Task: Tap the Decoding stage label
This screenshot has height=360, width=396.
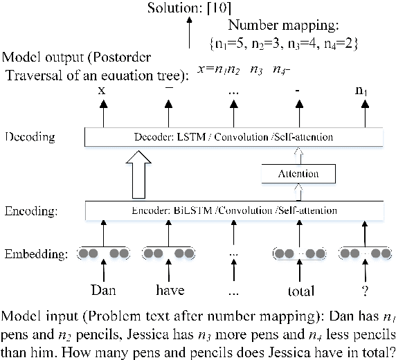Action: tap(31, 137)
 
